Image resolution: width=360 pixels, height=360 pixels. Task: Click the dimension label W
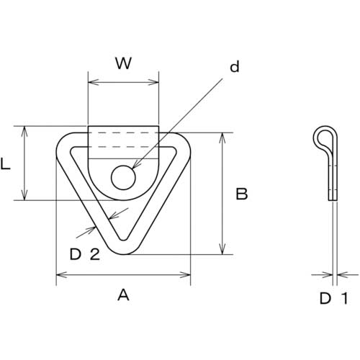[123, 63]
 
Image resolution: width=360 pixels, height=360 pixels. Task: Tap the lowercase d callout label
[235, 66]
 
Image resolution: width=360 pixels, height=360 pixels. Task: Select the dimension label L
[6, 164]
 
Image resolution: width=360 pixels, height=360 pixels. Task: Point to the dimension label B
[241, 194]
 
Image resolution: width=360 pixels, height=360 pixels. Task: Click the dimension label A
[123, 295]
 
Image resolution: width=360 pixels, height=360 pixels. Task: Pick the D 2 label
[85, 254]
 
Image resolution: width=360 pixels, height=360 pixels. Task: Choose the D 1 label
[333, 299]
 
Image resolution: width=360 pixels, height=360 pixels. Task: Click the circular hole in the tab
[123, 178]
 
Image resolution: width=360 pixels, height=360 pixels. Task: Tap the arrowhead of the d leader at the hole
[135, 166]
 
